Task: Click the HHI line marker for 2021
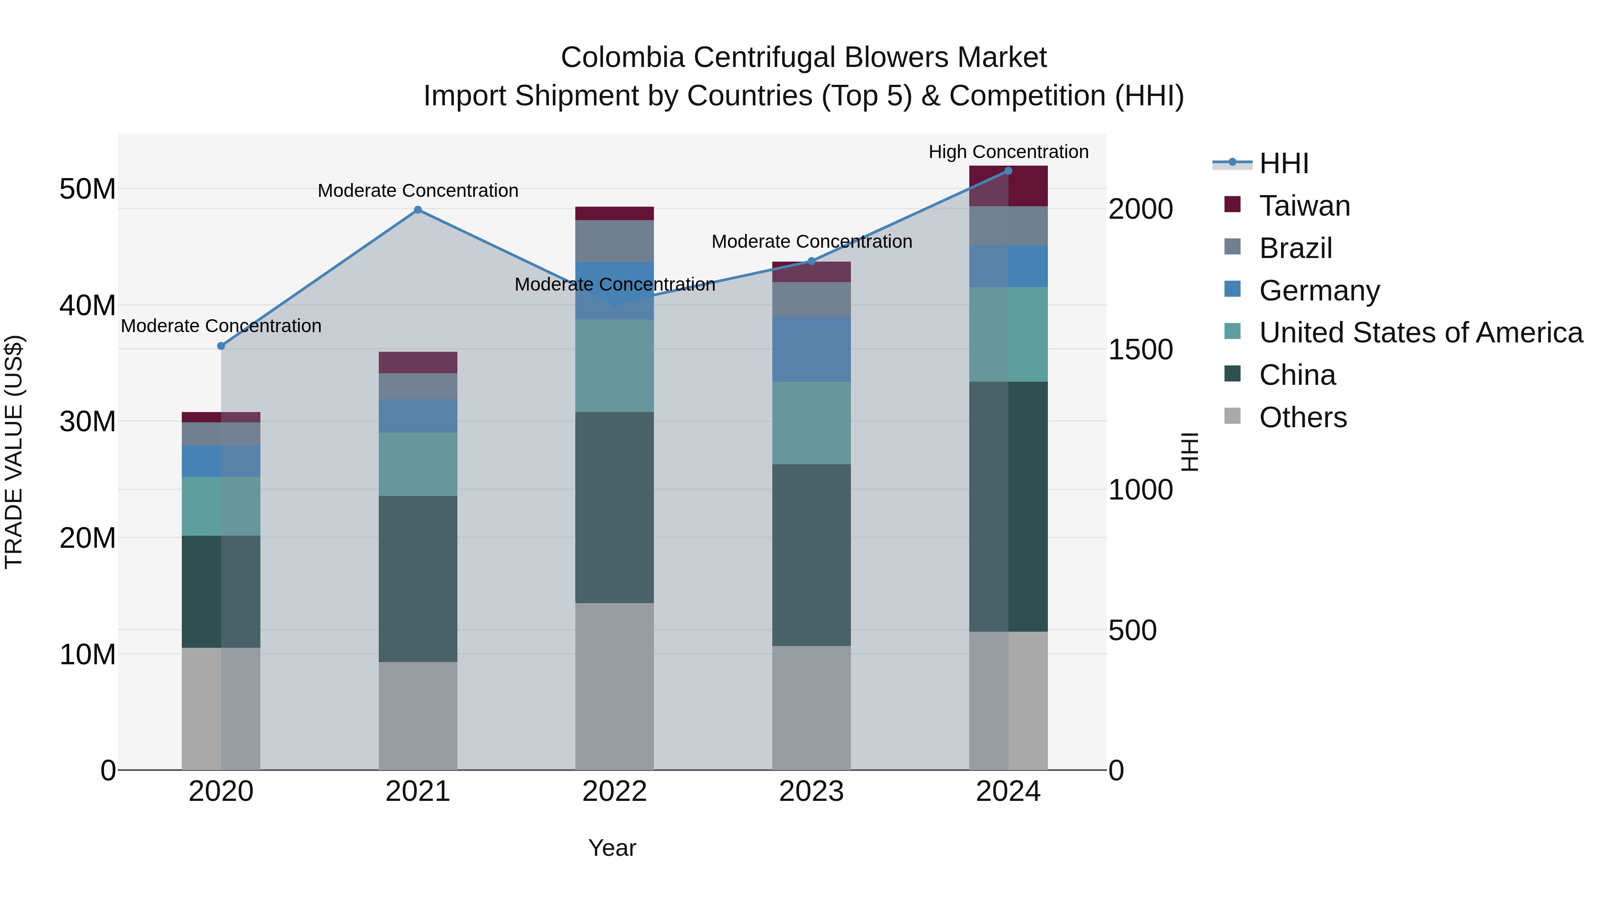418,210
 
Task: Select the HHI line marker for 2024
1008,171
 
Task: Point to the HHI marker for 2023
812,262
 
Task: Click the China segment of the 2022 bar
614,507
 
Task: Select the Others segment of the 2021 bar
418,716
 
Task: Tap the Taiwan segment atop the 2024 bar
1008,186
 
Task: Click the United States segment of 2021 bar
418,464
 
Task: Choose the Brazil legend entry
1295,248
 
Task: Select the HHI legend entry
1283,163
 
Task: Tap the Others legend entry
1303,417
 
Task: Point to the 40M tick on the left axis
88,305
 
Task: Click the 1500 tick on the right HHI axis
1140,350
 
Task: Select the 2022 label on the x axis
614,792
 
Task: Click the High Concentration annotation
1008,152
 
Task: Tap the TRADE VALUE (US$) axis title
14,452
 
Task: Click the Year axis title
612,848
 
